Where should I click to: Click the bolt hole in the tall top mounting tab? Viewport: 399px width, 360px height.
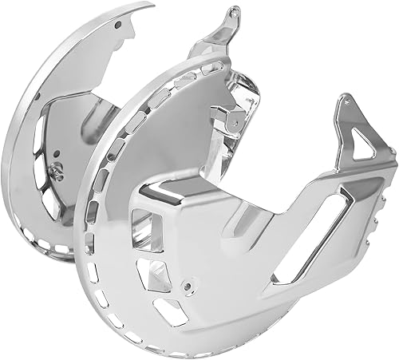click(232, 14)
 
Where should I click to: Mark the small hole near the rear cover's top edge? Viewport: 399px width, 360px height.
click(119, 25)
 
